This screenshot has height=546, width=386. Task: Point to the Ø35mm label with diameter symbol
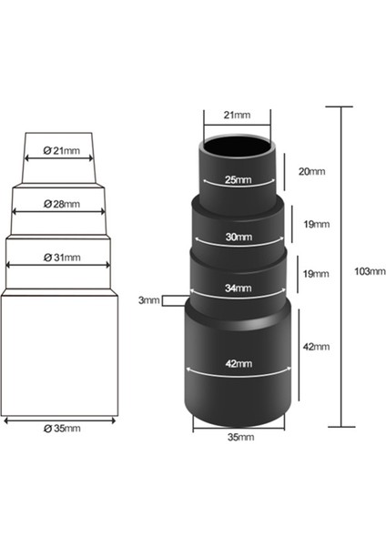tap(62, 428)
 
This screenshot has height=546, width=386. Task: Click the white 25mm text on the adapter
tap(236, 180)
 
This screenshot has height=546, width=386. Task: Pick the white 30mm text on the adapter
tap(237, 238)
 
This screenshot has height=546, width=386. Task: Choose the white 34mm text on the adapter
tap(237, 288)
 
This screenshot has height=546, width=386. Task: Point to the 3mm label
tap(148, 300)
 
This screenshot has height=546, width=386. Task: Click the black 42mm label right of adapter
tap(315, 346)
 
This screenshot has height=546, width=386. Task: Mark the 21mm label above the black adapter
tap(238, 116)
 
